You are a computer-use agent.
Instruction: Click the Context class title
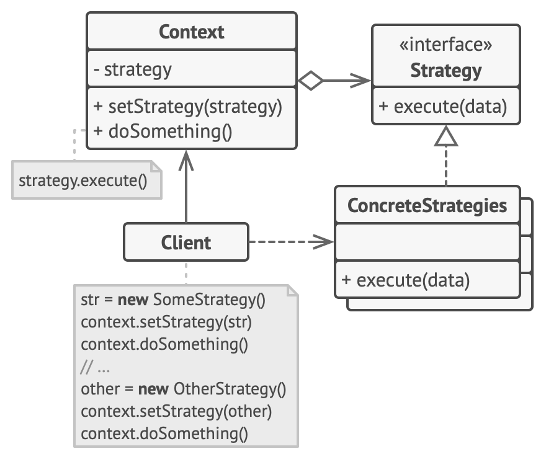pyautogui.click(x=191, y=32)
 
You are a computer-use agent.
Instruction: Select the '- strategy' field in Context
pyautogui.click(x=132, y=69)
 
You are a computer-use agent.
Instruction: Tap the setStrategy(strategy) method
pyautogui.click(x=188, y=107)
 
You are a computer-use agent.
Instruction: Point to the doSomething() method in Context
pyautogui.click(x=162, y=131)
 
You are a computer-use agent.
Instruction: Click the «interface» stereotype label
pyautogui.click(x=445, y=45)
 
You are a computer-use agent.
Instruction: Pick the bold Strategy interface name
pyautogui.click(x=445, y=70)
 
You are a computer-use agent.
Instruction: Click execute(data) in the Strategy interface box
pyautogui.click(x=443, y=107)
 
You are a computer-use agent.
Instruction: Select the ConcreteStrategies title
pyautogui.click(x=427, y=205)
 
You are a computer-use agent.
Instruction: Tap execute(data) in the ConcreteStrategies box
pyautogui.click(x=406, y=280)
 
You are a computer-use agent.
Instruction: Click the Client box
pyautogui.click(x=186, y=243)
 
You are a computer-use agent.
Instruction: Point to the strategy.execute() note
pyautogui.click(x=83, y=181)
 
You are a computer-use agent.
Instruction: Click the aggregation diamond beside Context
pyautogui.click(x=310, y=80)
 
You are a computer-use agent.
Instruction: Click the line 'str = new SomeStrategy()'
pyautogui.click(x=173, y=300)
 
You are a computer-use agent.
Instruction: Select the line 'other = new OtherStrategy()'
pyautogui.click(x=184, y=389)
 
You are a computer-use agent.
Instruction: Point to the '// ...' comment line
pyautogui.click(x=96, y=367)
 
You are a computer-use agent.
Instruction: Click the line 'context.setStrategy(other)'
pyautogui.click(x=176, y=411)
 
